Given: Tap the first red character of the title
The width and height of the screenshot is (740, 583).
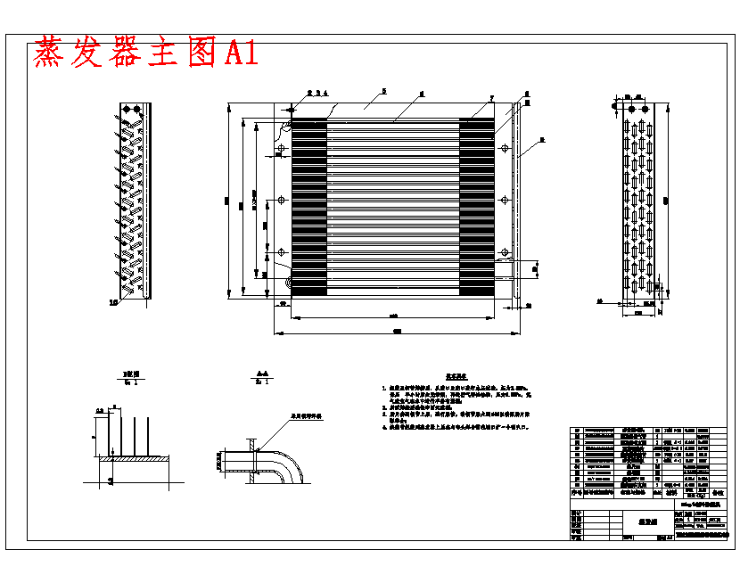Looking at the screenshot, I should coord(52,53).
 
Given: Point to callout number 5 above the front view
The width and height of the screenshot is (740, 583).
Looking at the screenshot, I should coord(382,91).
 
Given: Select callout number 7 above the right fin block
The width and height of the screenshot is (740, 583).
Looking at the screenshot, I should coord(490,96).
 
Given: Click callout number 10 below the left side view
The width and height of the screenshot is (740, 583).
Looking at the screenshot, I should coord(113,303).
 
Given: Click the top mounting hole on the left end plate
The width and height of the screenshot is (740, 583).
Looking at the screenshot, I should coord(281,149).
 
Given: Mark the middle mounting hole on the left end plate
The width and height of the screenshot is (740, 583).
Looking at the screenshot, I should coord(281,200).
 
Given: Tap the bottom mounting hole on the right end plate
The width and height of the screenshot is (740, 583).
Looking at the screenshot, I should coord(505,250).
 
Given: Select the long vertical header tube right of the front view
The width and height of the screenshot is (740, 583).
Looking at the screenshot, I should coord(516,201).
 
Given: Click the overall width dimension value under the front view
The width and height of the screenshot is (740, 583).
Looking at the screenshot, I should coord(397,332).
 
